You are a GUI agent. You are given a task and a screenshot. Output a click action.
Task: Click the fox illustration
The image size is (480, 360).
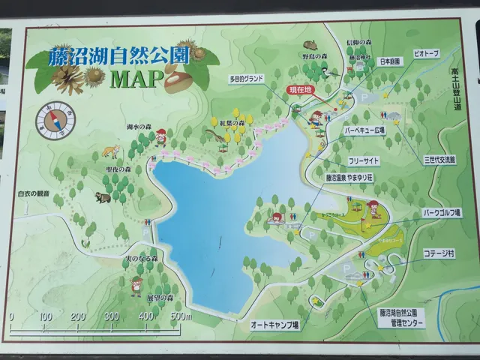click(x=112, y=151)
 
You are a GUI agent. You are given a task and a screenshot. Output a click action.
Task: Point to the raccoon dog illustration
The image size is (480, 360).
click(x=102, y=197)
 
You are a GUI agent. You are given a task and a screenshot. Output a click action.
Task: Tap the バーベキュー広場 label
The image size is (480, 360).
click(x=364, y=130)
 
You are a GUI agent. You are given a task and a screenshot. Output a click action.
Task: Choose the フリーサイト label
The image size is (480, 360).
click(x=364, y=161)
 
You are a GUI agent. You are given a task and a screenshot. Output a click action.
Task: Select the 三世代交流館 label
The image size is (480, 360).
click(x=439, y=160)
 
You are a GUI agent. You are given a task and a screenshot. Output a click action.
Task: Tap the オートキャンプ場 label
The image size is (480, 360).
click(x=275, y=325)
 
